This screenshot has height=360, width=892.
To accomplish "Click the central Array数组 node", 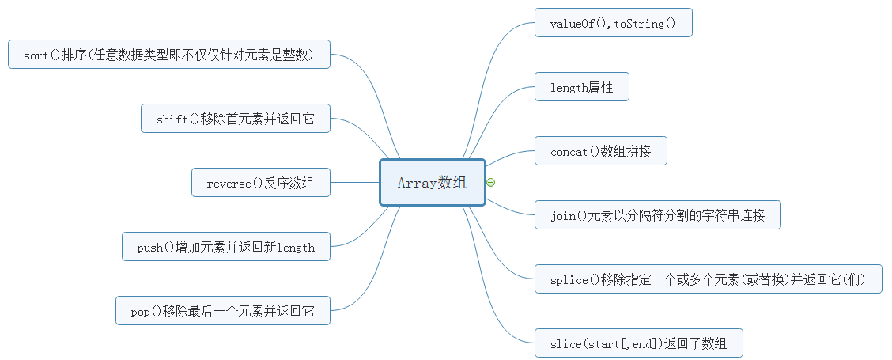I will (x=432, y=183).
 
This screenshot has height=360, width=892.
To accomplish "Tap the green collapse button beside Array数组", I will (x=491, y=183).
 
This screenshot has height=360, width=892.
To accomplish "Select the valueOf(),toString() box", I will (x=613, y=23).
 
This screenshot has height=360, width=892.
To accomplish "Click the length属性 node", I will (x=581, y=87).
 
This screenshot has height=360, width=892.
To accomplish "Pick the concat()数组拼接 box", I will (x=600, y=151).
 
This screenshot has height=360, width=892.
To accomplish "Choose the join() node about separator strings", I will (x=657, y=215).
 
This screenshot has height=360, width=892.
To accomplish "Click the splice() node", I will (x=708, y=279).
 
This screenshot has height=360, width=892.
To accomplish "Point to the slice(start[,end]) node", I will (x=638, y=343).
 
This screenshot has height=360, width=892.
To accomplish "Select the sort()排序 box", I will (x=169, y=55).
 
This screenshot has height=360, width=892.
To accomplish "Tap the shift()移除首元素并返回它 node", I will (x=235, y=119).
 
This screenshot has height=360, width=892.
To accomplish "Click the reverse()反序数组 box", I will (x=260, y=183).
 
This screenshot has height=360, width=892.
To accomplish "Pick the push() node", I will (x=225, y=247).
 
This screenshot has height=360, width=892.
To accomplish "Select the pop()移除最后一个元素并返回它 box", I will (x=222, y=311).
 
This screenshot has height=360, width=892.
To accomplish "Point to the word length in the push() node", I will (x=296, y=248).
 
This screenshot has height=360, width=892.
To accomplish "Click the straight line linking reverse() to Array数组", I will (x=354, y=183).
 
